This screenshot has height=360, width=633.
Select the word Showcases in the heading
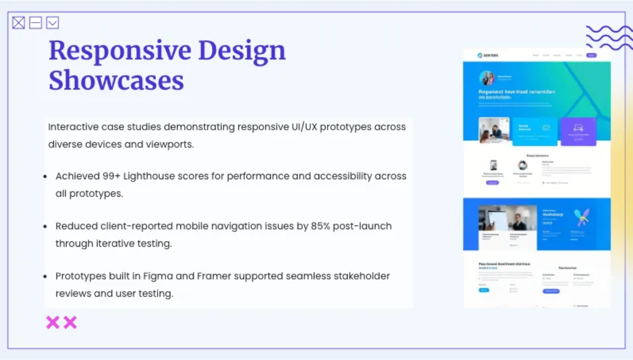[116, 81]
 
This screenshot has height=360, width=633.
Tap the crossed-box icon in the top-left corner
[18, 23]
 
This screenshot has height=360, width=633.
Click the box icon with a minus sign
[35, 23]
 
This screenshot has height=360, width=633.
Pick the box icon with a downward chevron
[52, 23]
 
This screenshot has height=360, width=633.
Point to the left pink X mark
[53, 323]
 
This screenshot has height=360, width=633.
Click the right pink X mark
[70, 323]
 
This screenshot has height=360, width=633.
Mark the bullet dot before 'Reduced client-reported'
[45, 227]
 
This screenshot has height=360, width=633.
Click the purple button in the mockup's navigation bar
[591, 55]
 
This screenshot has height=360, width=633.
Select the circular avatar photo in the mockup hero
[486, 78]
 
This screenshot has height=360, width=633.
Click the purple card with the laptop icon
[578, 131]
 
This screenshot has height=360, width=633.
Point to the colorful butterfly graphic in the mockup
[582, 216]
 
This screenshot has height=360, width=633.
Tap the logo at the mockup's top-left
[487, 55]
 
